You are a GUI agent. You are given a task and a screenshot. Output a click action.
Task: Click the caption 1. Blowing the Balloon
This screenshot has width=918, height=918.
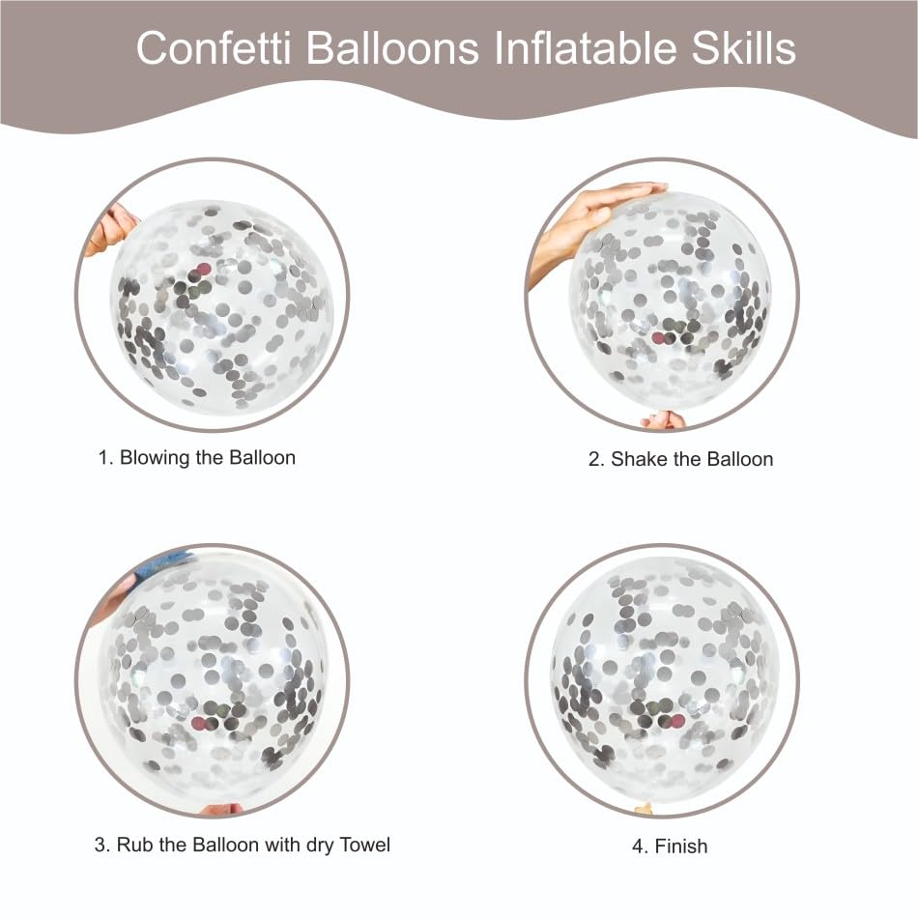click(x=197, y=457)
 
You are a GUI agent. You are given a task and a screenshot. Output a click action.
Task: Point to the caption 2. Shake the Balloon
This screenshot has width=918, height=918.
click(x=680, y=459)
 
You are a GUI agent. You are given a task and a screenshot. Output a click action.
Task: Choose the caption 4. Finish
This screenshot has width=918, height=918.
click(x=670, y=846)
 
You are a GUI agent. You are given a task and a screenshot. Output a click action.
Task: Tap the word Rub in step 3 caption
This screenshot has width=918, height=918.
click(x=137, y=845)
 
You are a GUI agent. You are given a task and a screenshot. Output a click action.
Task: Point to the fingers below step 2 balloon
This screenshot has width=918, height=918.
click(x=665, y=419)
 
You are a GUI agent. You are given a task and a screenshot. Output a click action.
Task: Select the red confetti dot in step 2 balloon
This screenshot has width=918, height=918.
click(x=660, y=337)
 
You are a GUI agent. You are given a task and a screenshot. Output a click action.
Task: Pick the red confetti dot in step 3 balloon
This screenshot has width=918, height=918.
click(x=202, y=724)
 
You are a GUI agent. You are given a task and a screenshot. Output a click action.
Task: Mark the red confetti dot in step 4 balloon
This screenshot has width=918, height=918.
click(x=677, y=721)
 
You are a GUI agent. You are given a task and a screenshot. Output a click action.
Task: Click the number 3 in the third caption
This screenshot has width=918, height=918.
click(x=100, y=845)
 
